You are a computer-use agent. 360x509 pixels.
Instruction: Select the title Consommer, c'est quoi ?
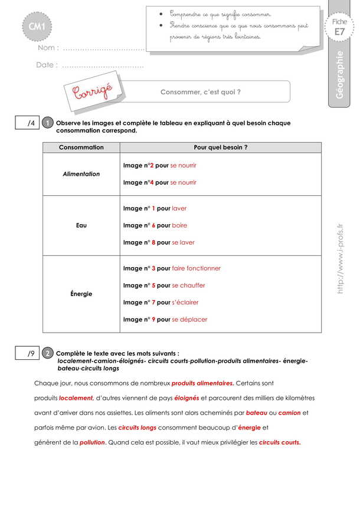(201, 92)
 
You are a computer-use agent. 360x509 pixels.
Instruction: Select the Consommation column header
(81, 147)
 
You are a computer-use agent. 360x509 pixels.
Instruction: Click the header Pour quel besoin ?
(221, 147)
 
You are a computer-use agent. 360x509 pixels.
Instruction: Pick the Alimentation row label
(81, 174)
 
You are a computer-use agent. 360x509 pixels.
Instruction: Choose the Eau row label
(81, 225)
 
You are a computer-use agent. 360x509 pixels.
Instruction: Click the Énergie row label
(81, 294)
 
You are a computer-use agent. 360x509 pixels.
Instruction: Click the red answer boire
(179, 225)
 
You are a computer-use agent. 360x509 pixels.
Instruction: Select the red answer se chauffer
(188, 285)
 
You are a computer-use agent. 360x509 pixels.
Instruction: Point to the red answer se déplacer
(189, 320)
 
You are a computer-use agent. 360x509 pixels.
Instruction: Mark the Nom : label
(48, 48)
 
